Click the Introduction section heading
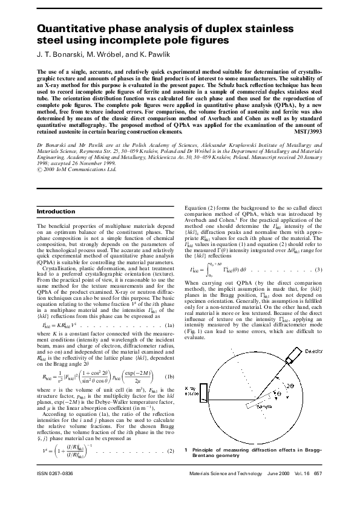tap(57, 212)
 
